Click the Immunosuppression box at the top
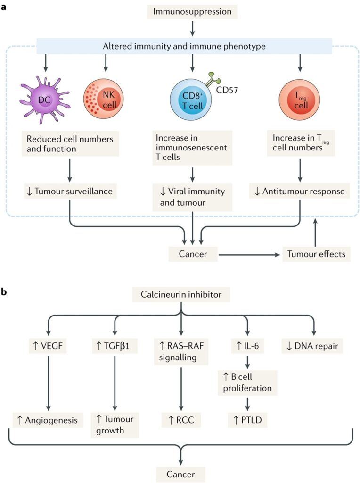[192, 11]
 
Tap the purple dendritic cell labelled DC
[45, 100]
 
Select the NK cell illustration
[103, 99]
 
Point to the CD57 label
[227, 90]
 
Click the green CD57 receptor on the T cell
[213, 79]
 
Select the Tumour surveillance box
[70, 192]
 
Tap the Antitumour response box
[299, 192]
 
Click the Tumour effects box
[316, 254]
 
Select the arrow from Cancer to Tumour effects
[249, 255]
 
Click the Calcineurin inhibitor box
[181, 294]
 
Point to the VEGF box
[48, 346]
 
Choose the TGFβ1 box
[115, 346]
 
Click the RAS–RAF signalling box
[181, 351]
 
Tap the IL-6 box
[248, 346]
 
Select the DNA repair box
[312, 346]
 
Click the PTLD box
[247, 420]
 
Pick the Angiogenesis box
[48, 420]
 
